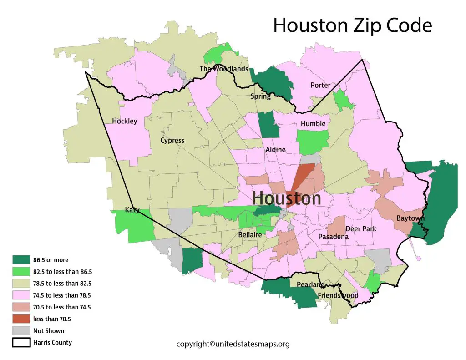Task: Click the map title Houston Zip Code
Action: tap(352, 26)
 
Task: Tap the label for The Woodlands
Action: tap(224, 69)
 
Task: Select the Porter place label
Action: tap(320, 86)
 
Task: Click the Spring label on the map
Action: tap(260, 96)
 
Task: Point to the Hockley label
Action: tap(124, 122)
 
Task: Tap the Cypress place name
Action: tap(172, 141)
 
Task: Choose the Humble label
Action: tap(313, 124)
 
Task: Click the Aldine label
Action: tap(275, 150)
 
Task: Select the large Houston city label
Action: tap(286, 198)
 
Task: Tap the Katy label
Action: tap(132, 210)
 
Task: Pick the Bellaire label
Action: tap(250, 235)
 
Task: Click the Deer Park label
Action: tap(361, 229)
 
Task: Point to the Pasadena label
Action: tap(333, 237)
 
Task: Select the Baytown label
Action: tap(410, 218)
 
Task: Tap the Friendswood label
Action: tap(338, 296)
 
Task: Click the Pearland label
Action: tap(310, 285)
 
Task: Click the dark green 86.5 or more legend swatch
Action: tap(21, 260)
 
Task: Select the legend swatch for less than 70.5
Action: tap(21, 319)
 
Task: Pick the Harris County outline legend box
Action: tap(21, 343)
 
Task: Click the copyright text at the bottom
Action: tap(233, 345)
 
